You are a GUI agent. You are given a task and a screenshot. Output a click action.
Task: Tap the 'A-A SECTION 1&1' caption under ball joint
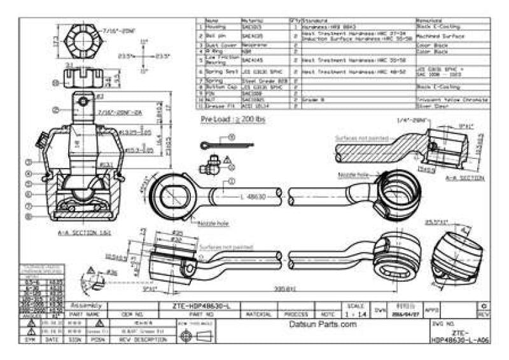(85, 233)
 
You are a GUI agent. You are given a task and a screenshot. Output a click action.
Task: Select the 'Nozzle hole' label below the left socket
(216, 224)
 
